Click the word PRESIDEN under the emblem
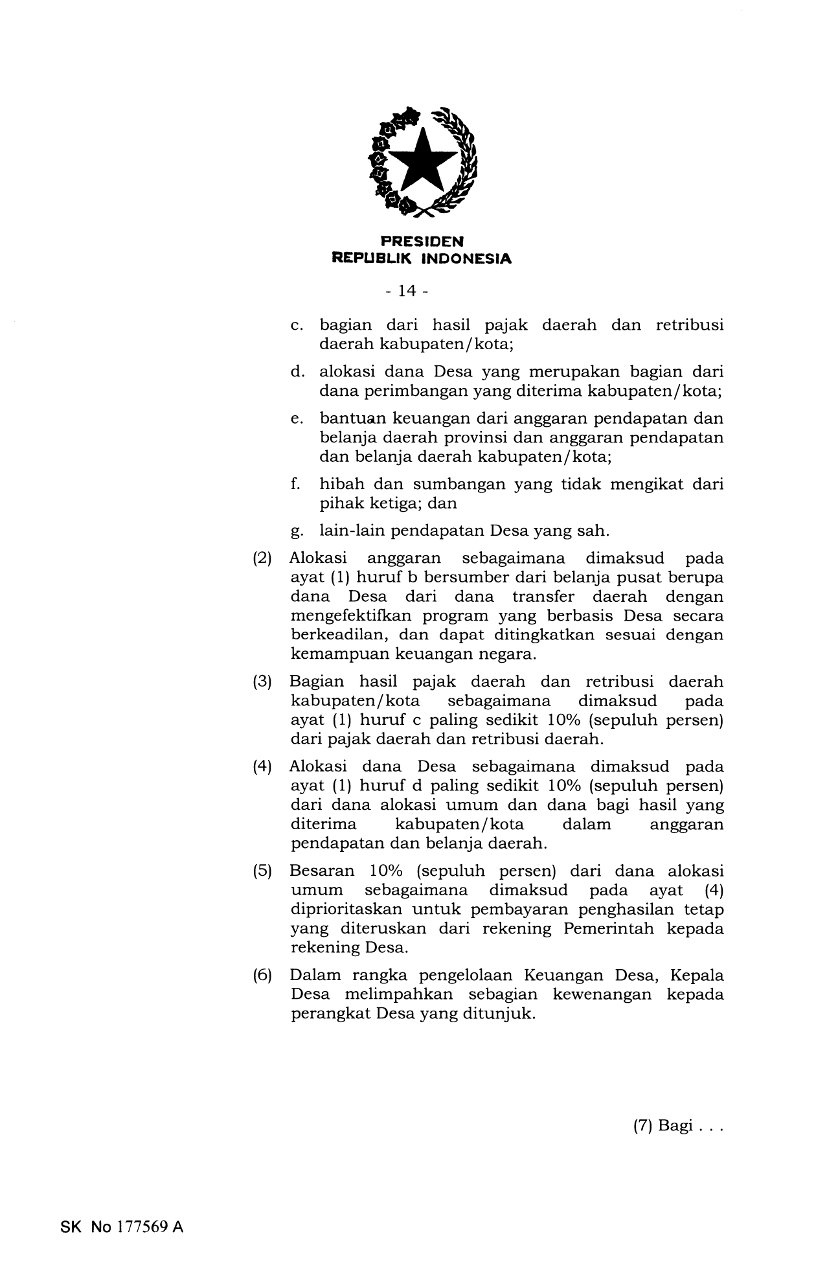(x=422, y=242)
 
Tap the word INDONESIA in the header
(x=466, y=258)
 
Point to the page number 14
(x=407, y=292)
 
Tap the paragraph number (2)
(x=262, y=558)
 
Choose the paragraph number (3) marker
(x=262, y=682)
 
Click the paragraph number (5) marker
(x=262, y=871)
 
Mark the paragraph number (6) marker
(x=262, y=976)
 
